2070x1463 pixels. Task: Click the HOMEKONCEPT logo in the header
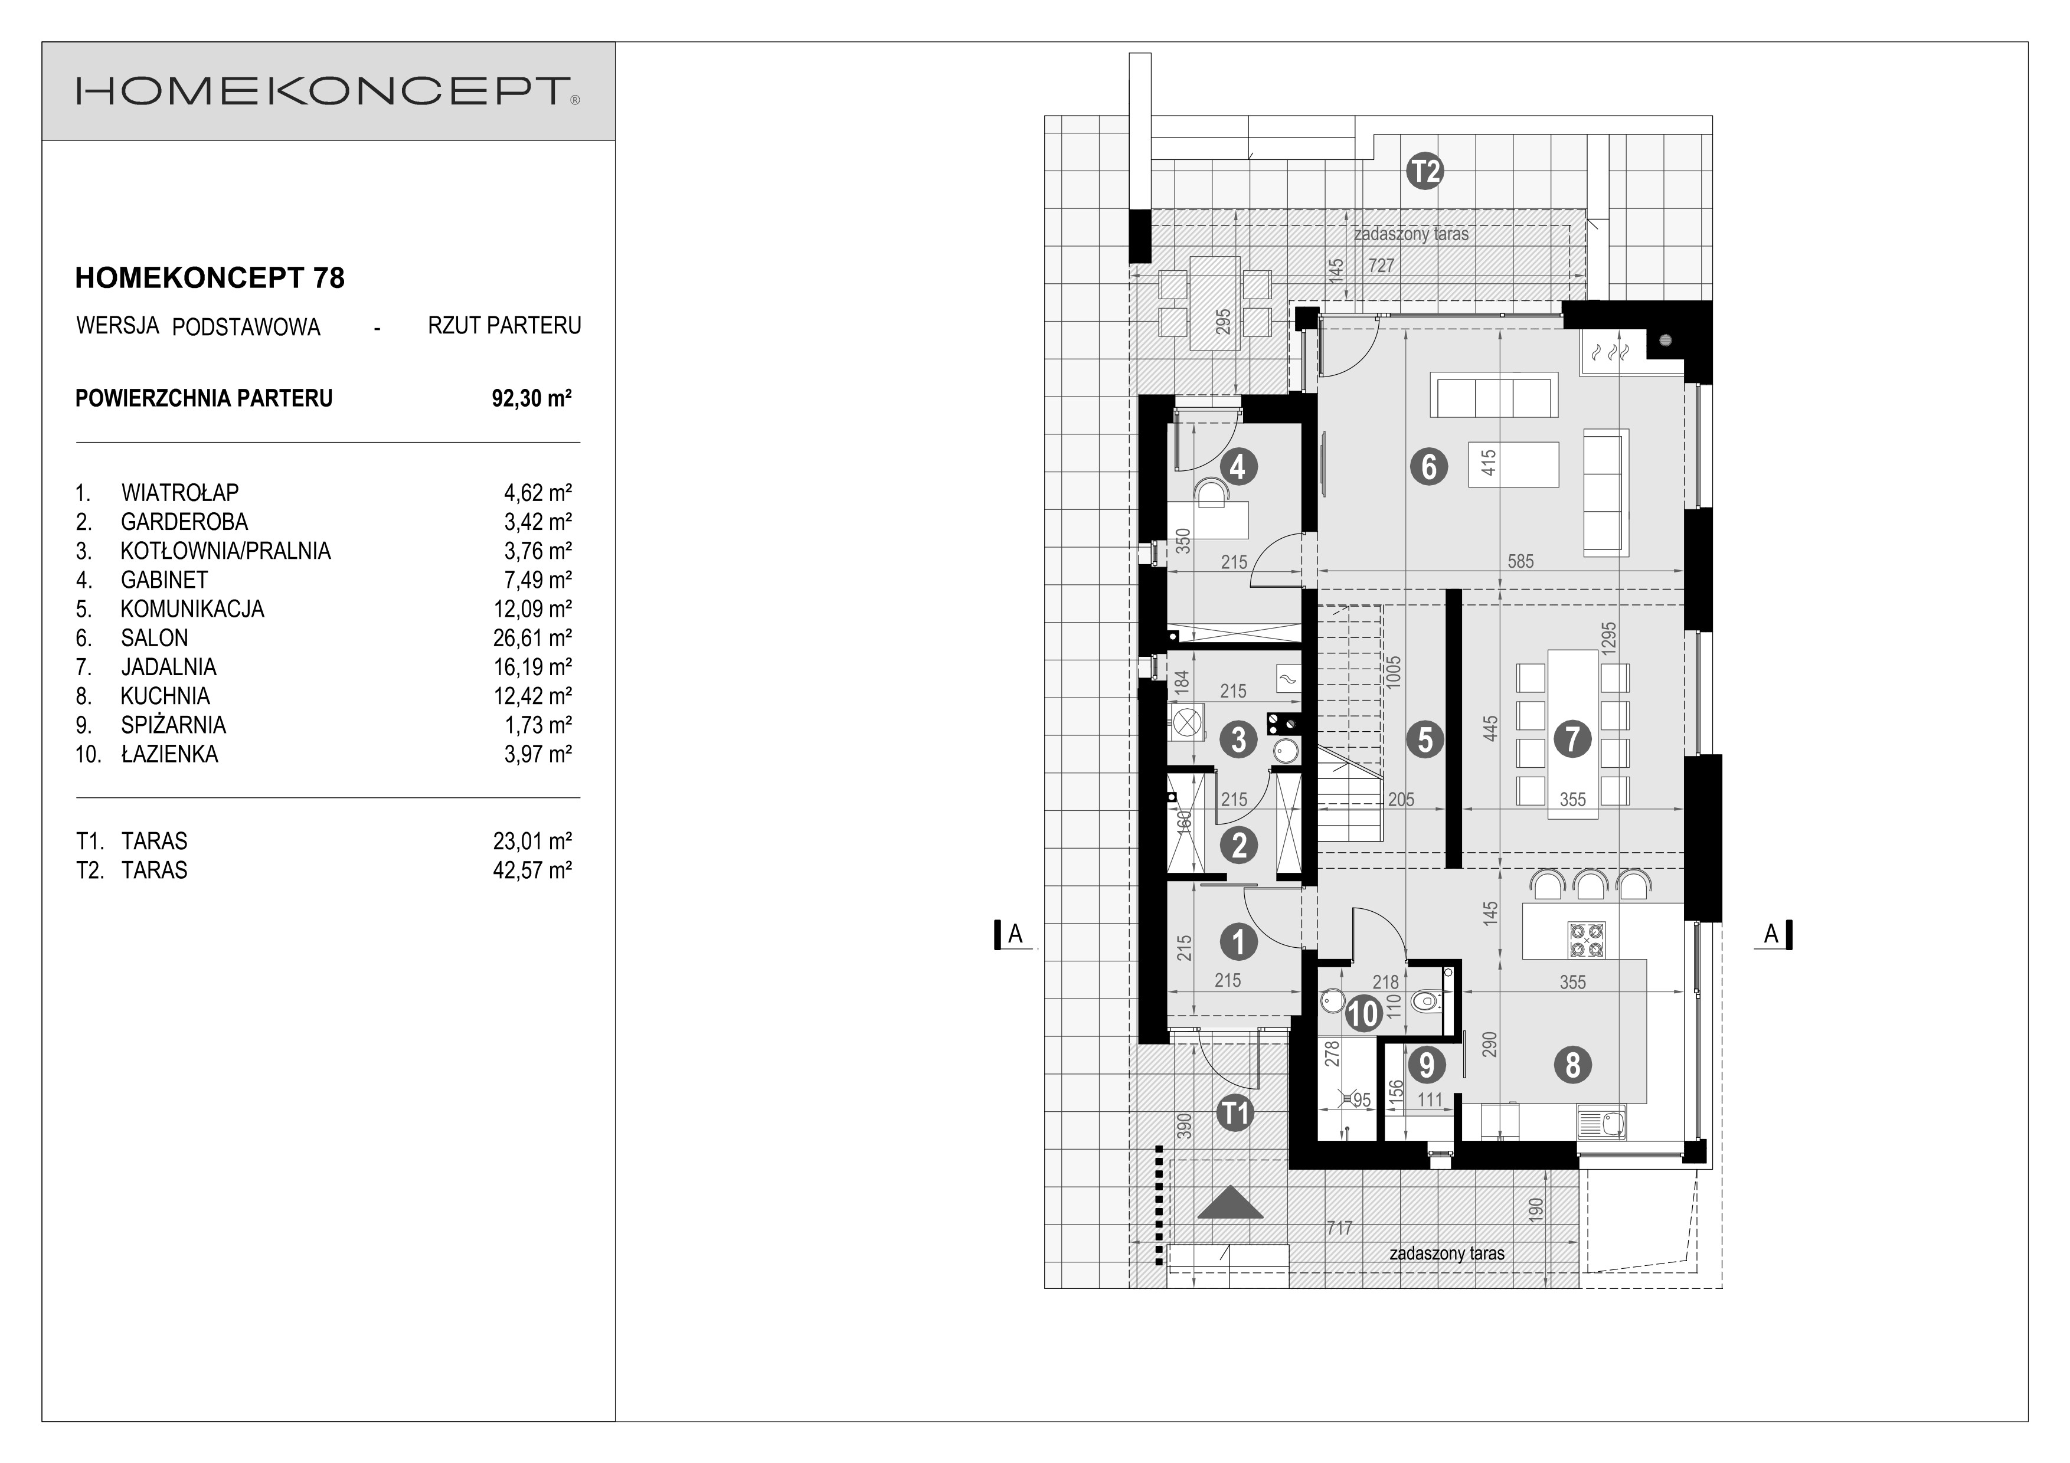click(327, 91)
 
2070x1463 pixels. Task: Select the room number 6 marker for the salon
click(1428, 467)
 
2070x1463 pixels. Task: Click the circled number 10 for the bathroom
click(1363, 1013)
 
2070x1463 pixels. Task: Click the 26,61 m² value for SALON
click(532, 638)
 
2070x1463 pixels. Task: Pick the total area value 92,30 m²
click(532, 398)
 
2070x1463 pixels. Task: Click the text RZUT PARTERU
click(504, 325)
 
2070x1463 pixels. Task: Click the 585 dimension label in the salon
click(1520, 561)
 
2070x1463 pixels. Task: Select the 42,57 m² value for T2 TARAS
click(532, 870)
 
